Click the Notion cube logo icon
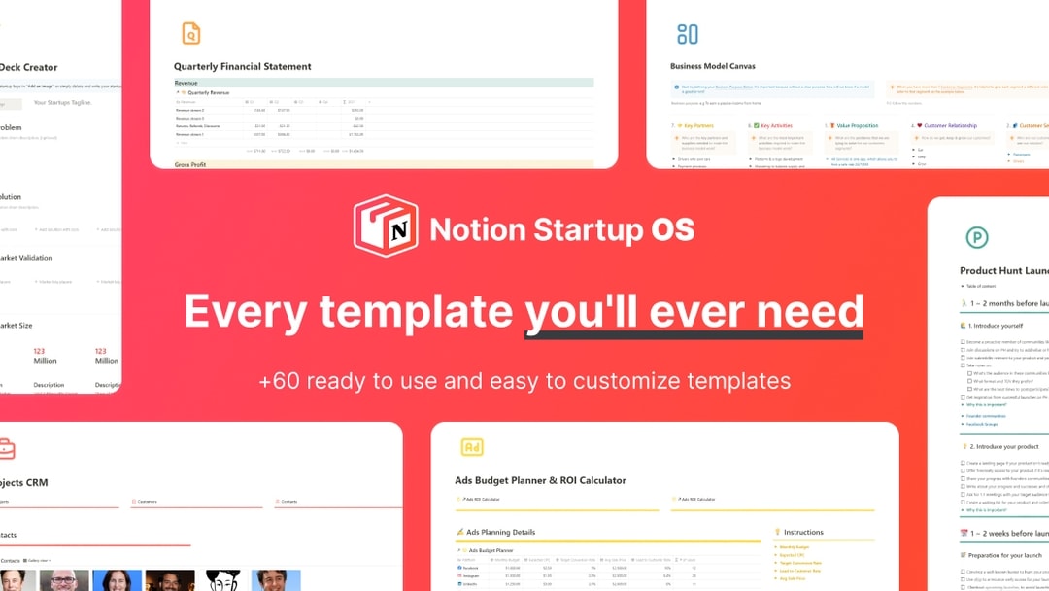[386, 226]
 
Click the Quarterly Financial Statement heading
[243, 67]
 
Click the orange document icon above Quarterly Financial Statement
[191, 34]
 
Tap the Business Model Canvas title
[712, 67]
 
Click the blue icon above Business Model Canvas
[688, 34]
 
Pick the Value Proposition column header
[856, 125]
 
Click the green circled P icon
[976, 237]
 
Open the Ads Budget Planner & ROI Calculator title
[540, 480]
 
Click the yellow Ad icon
[472, 447]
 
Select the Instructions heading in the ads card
[803, 532]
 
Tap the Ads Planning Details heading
[500, 532]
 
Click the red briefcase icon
[6, 448]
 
